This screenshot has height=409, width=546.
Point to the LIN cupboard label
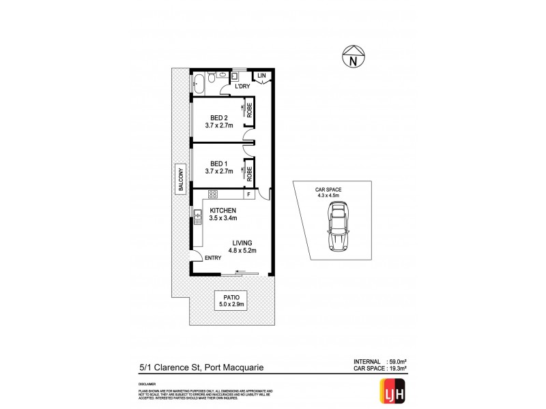[x=261, y=75]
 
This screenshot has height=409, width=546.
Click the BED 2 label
[x=218, y=117]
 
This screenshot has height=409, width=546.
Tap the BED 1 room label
[x=218, y=164]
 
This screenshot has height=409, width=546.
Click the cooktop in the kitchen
[x=212, y=194]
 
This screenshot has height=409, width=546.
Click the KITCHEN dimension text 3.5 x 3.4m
[x=223, y=219]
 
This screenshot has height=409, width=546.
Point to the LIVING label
[x=242, y=243]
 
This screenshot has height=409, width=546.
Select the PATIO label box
[x=230, y=301]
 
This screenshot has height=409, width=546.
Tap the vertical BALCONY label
[x=182, y=181]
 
